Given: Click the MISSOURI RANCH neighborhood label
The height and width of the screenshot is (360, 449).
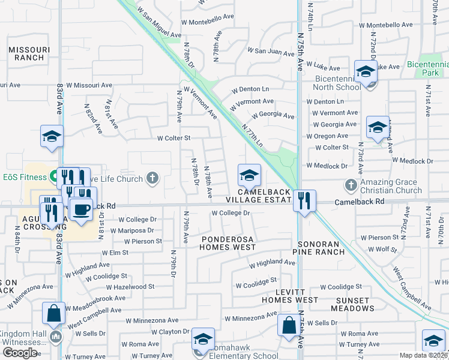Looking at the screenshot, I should [26, 53].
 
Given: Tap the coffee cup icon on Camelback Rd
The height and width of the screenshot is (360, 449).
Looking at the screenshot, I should [81, 209].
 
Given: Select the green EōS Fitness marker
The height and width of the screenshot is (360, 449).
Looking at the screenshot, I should [53, 177].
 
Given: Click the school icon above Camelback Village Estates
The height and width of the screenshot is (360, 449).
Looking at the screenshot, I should [249, 175].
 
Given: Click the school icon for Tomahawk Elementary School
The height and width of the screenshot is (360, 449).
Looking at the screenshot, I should [203, 340].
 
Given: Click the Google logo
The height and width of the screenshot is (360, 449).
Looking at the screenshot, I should [20, 353].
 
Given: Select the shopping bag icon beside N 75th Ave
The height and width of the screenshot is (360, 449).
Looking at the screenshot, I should [289, 325].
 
